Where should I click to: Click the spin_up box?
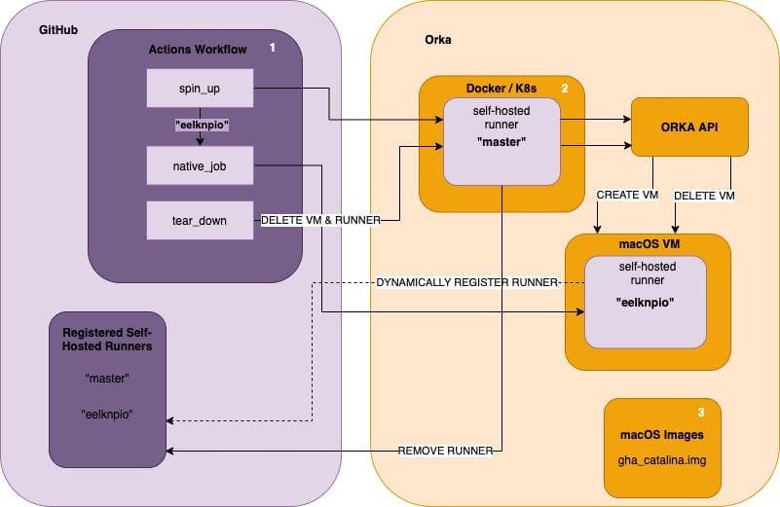[199, 88]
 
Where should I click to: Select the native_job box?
[199, 166]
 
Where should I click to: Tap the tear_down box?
[199, 220]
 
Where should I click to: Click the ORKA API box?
[689, 126]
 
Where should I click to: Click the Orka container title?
[438, 41]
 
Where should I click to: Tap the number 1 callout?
[272, 48]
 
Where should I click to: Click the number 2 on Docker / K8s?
[564, 89]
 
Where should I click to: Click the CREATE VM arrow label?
[627, 195]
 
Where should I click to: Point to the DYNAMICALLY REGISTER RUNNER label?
[465, 282]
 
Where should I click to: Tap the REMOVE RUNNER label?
[443, 451]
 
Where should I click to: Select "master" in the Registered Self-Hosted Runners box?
[106, 378]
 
